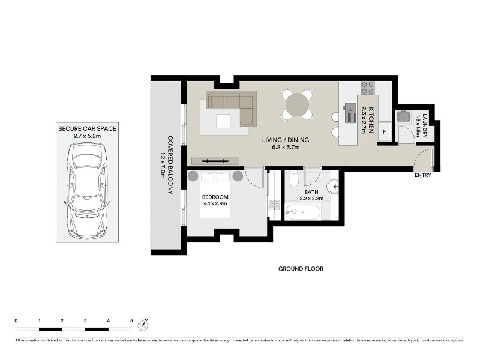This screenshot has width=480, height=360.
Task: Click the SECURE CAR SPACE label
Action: pos(87,128)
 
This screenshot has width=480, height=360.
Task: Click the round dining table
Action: pos(297,104)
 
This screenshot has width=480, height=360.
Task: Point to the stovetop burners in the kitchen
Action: pos(368,88)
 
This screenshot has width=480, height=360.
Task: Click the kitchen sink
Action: pos(350,112)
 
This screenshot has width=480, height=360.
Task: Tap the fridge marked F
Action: pos(385,132)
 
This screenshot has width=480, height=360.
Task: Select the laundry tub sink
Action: pos(404,116)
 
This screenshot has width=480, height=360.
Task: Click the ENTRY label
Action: pos(423,175)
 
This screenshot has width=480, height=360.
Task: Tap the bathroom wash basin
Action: pos(333,187)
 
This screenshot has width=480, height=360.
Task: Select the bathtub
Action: pos(303,212)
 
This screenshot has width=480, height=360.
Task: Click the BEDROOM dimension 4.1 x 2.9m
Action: pos(215,203)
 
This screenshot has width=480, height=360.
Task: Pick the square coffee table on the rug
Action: pos(223,121)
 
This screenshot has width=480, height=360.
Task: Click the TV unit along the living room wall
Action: pos(215,161)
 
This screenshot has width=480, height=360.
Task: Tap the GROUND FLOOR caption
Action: pos(301,269)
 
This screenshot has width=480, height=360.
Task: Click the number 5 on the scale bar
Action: pos(131,321)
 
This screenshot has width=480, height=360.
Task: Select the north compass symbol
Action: pos(143,325)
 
